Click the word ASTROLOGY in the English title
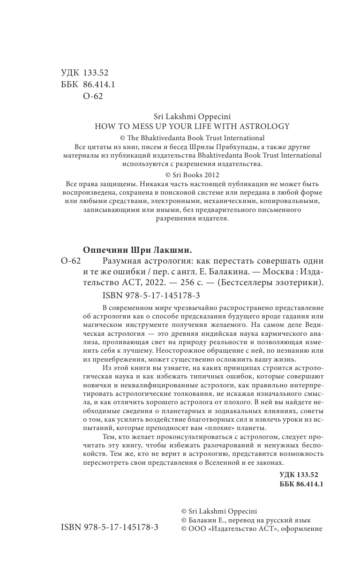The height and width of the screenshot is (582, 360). pyautogui.click(x=265, y=126)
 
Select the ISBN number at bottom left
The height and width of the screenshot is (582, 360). pyautogui.click(x=110, y=527)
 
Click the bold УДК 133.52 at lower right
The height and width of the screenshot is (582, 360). pyautogui.click(x=301, y=475)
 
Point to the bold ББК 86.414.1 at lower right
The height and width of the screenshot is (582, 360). pyautogui.click(x=301, y=484)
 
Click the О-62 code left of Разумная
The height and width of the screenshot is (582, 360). pyautogui.click(x=71, y=261)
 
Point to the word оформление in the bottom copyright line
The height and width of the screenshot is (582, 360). pyautogui.click(x=302, y=529)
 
